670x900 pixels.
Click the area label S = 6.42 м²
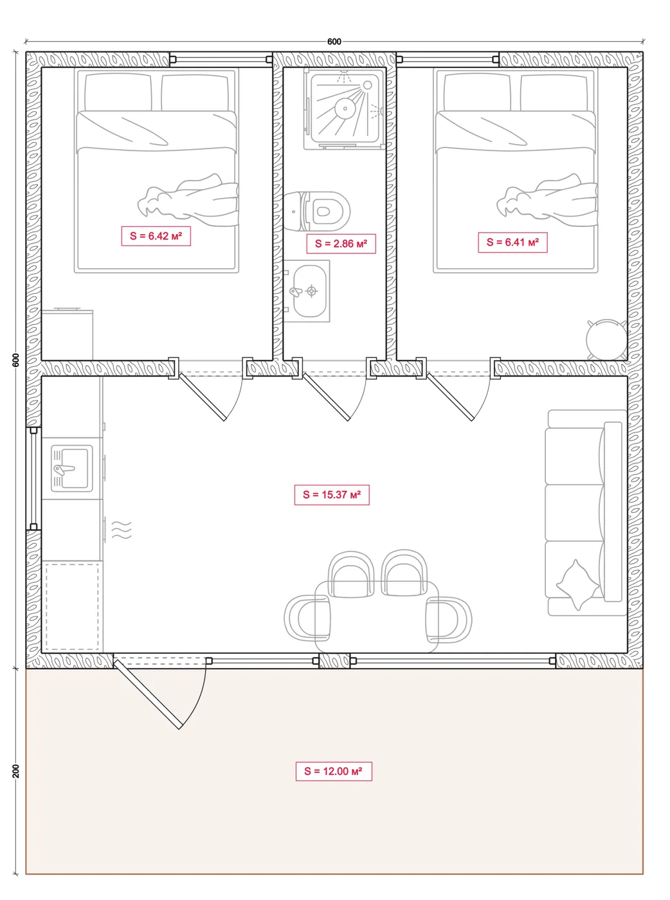click(x=156, y=236)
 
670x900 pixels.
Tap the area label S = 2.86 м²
click(x=341, y=244)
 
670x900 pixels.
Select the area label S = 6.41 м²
click(x=512, y=242)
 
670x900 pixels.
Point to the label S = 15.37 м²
click(x=332, y=494)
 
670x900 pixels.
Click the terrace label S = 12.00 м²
click(x=334, y=771)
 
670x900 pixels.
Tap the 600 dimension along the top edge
click(x=334, y=41)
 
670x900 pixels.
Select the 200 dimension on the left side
click(x=15, y=771)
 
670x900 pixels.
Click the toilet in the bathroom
click(x=317, y=212)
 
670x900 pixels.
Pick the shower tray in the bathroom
click(x=344, y=109)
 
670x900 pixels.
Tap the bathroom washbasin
click(x=307, y=291)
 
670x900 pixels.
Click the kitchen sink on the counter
click(x=72, y=469)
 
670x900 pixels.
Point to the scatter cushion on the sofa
click(x=577, y=585)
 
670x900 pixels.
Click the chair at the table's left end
click(x=307, y=618)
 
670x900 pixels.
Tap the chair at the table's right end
click(x=449, y=620)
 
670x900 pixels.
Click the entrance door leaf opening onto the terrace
click(x=147, y=694)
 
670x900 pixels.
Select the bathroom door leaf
click(x=326, y=397)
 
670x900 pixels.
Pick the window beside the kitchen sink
click(x=33, y=479)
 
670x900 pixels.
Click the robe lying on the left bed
click(x=188, y=200)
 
